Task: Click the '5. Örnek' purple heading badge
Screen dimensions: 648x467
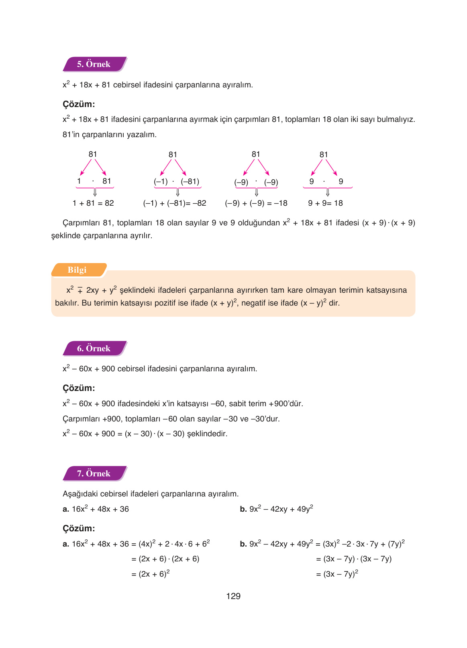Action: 94,64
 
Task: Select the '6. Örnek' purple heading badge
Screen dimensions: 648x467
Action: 94,348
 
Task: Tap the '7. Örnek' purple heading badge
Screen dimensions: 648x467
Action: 94,474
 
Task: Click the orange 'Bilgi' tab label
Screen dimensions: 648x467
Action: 77,270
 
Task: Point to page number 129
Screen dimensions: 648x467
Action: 233,596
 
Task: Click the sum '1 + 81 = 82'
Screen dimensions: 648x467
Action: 93,203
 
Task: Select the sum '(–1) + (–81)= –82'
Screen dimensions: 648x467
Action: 175,203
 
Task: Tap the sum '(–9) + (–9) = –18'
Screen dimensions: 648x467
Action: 256,203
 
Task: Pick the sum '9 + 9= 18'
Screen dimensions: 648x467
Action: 325,203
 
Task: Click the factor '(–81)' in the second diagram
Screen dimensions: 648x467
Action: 190,182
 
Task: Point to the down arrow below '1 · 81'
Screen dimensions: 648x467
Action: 95,193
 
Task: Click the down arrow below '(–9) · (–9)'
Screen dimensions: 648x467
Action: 257,193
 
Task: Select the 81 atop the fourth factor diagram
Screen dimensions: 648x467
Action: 324,155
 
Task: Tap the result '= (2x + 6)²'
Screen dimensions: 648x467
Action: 151,574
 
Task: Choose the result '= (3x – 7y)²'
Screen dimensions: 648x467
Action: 337,574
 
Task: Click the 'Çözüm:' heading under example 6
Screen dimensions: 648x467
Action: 79,388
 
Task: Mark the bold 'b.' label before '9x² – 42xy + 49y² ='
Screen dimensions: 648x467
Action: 243,544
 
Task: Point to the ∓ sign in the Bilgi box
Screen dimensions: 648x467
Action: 80,291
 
